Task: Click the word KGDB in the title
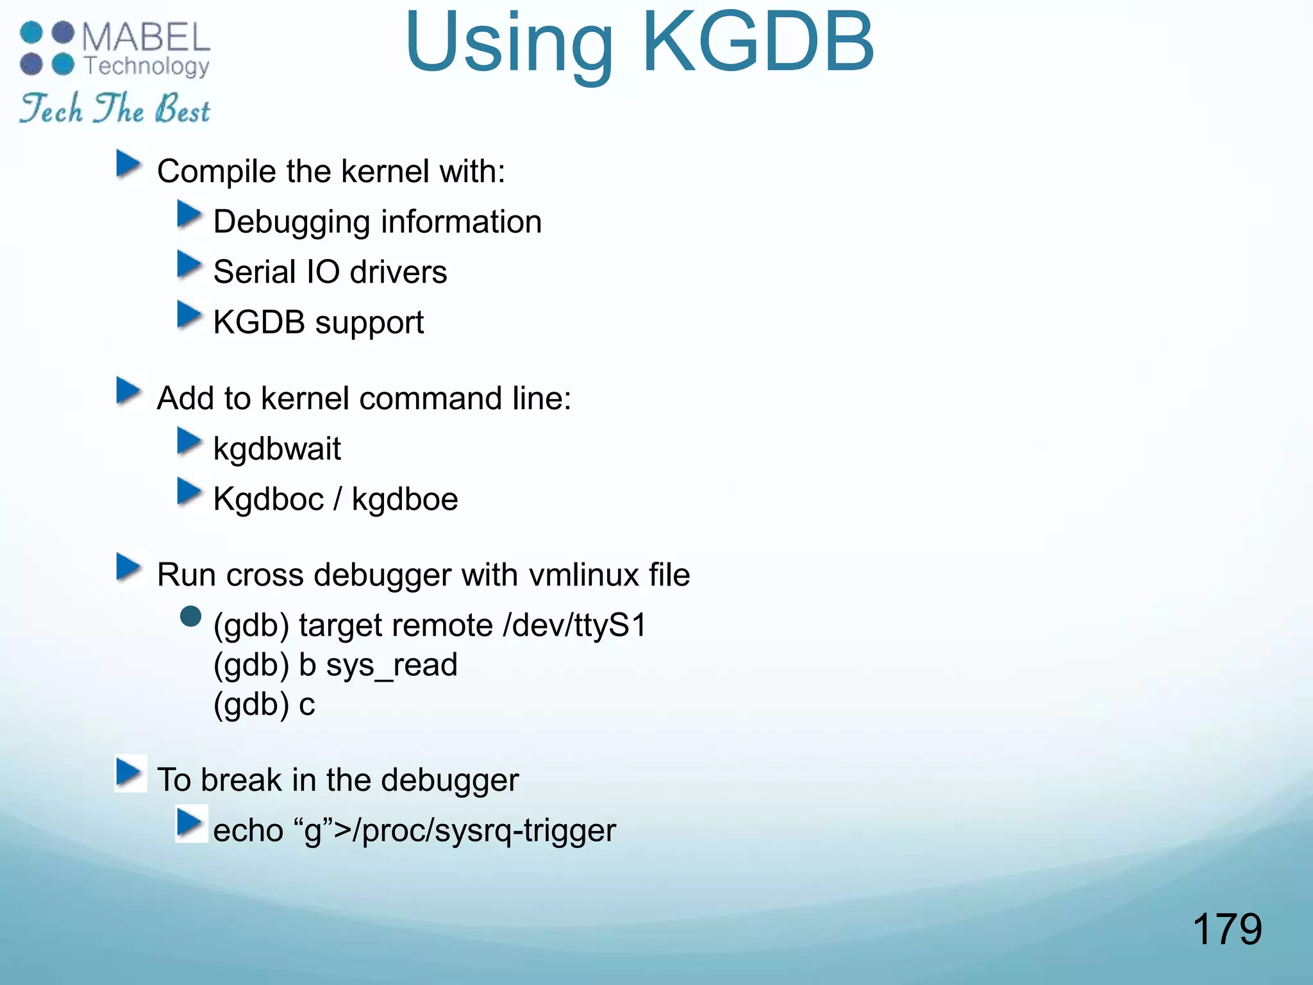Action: [x=758, y=44]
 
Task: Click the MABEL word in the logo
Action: [x=146, y=37]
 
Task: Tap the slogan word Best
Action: [x=183, y=109]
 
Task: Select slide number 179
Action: [x=1226, y=929]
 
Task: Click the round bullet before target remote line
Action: [x=190, y=617]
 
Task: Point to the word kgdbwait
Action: [x=276, y=449]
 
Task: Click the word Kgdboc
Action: [x=268, y=500]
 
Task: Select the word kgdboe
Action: [x=405, y=500]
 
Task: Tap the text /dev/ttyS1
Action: [x=575, y=625]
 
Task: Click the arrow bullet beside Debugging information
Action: [x=189, y=215]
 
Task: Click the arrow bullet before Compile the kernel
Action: [x=128, y=164]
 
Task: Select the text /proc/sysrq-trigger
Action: [x=489, y=830]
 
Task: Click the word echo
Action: [x=248, y=830]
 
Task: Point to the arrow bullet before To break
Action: [x=130, y=773]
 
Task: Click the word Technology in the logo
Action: [x=147, y=66]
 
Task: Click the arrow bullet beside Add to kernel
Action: [x=128, y=391]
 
